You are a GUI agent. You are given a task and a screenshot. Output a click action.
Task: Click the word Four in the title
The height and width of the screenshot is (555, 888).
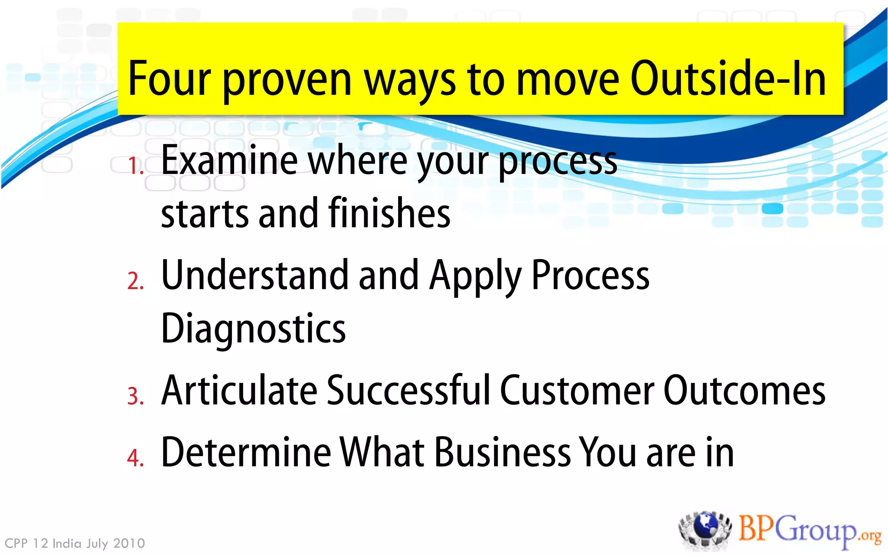pos(169,79)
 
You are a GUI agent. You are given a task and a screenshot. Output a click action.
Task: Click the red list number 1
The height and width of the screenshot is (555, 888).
pos(135,166)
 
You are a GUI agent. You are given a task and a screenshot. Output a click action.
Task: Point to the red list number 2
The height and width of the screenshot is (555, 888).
pos(135,281)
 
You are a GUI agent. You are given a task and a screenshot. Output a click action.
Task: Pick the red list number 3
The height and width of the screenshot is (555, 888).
pos(135,396)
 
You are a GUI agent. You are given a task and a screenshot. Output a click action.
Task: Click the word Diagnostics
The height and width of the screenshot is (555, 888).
pos(253,329)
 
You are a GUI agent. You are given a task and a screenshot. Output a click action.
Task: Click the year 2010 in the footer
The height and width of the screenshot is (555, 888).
pos(129,543)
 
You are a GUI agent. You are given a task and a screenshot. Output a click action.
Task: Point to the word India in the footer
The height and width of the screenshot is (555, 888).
pos(67,543)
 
